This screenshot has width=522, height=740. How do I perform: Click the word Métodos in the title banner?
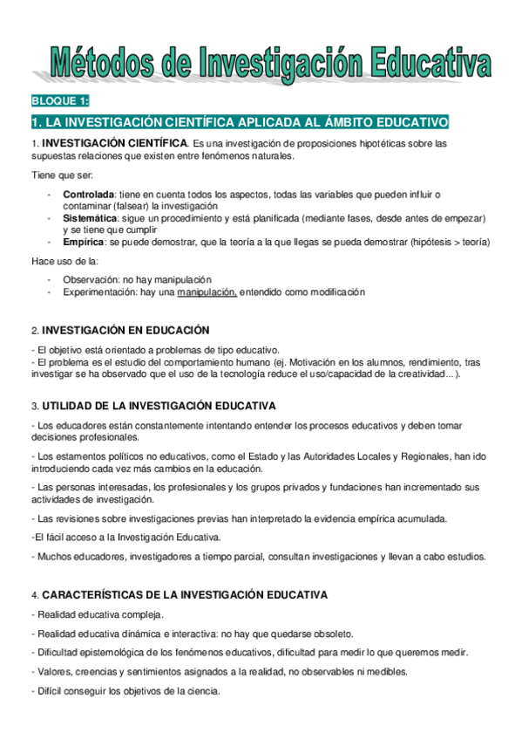[104, 62]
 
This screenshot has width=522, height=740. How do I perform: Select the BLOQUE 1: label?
[59, 101]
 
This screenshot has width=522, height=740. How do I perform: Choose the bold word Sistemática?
[90, 217]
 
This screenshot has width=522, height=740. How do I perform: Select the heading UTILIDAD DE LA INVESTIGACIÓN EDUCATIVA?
[159, 406]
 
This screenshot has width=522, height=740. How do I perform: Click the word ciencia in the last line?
[201, 691]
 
